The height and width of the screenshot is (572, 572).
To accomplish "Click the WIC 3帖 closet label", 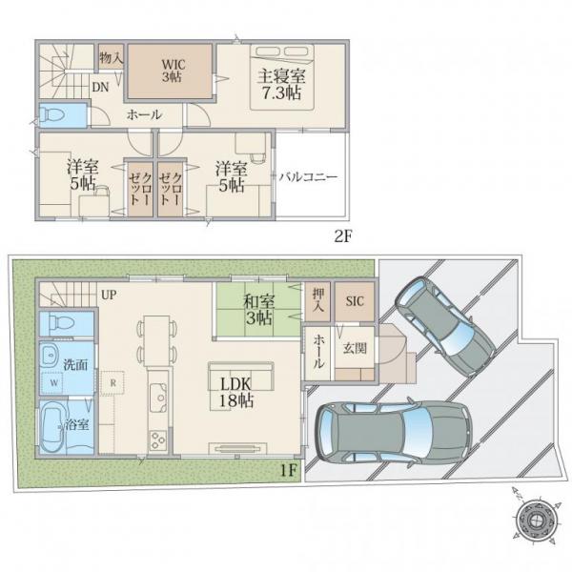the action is click(x=174, y=71).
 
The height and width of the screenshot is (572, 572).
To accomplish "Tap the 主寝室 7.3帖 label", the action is click(x=281, y=85).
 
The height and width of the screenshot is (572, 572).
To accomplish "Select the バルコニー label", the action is click(x=308, y=177).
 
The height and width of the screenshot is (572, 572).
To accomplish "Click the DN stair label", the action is click(x=100, y=87).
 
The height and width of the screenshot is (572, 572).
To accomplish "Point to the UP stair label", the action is click(x=109, y=295).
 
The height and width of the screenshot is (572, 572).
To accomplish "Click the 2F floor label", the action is click(x=342, y=236).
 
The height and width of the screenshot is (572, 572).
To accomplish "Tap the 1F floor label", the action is click(x=288, y=470).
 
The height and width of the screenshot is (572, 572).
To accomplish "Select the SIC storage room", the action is click(x=355, y=301).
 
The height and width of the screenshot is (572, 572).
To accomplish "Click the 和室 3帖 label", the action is click(x=259, y=310).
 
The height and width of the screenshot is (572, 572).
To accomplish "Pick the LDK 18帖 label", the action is click(x=236, y=393).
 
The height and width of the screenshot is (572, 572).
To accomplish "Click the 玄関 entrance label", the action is click(x=355, y=349).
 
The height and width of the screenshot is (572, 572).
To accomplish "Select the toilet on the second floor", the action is click(x=51, y=115).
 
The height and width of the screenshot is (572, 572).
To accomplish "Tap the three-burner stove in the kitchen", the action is click(x=158, y=440).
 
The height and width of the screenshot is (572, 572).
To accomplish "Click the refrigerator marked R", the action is click(x=112, y=383).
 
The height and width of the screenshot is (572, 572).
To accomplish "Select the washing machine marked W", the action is click(x=54, y=382).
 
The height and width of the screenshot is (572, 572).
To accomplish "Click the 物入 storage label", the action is click(x=112, y=57).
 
